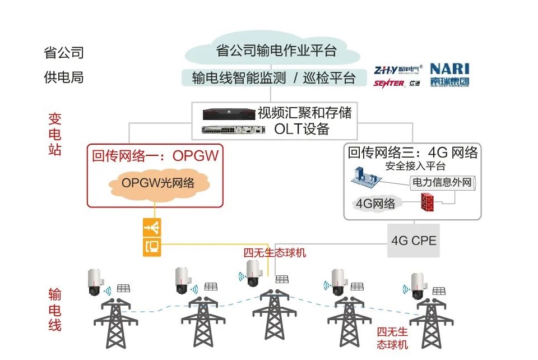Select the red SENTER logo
click(389, 83)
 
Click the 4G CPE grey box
click(414, 241)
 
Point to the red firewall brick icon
click(429, 202)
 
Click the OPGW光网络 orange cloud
click(158, 183)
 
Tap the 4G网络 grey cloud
click(375, 203)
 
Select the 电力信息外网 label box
click(443, 182)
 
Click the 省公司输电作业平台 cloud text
click(276, 50)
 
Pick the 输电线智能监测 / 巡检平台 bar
click(274, 78)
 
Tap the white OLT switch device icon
click(233, 130)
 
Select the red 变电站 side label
click(54, 135)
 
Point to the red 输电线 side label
click(54, 310)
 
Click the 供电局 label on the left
click(64, 77)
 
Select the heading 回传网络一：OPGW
click(155, 155)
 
